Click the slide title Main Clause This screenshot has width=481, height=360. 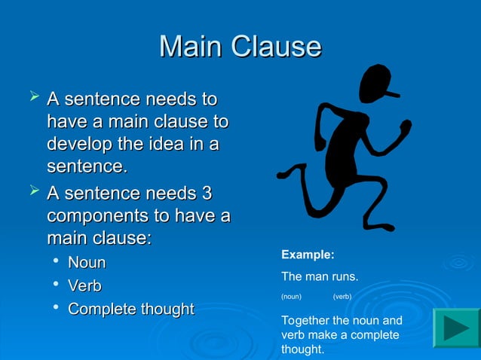pos(240,47)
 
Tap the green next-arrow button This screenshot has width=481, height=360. pos(456,328)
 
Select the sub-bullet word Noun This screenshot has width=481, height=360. pos(87,263)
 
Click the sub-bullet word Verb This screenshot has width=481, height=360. pos(84,286)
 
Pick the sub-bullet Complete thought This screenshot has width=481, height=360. pos(130,310)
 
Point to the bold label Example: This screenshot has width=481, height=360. pos(307,255)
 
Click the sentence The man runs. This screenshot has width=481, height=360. pos(319,277)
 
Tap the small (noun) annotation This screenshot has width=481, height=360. pos(291,297)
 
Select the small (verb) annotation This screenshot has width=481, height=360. pos(342,297)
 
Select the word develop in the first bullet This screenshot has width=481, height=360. pos(78,143)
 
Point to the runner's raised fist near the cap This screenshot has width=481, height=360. pos(406,128)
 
